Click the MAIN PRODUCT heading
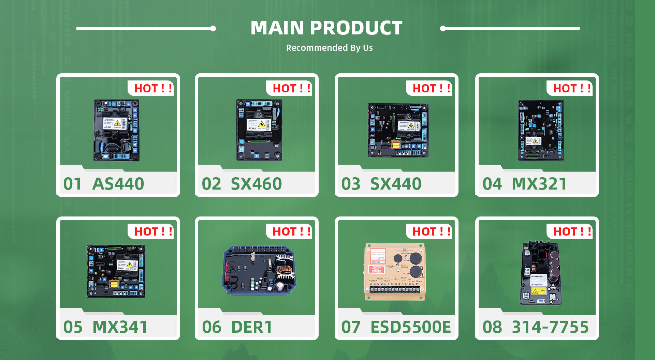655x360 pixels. point(326,28)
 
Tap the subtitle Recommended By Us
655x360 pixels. point(329,48)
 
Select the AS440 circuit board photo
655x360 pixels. point(117,130)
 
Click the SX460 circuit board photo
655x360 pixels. point(259,130)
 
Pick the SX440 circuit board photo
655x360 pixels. point(398,131)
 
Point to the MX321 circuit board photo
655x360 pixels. point(541,130)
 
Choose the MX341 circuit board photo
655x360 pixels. point(116,271)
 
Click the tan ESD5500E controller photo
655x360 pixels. point(395,272)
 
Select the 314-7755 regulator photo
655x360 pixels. point(541,273)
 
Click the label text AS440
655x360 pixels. point(118,184)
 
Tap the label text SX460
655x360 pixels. point(256,184)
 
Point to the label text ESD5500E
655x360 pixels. point(410,327)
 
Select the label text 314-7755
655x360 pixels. point(550,327)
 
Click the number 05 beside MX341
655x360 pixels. point(73,327)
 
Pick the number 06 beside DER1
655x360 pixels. point(212,327)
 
